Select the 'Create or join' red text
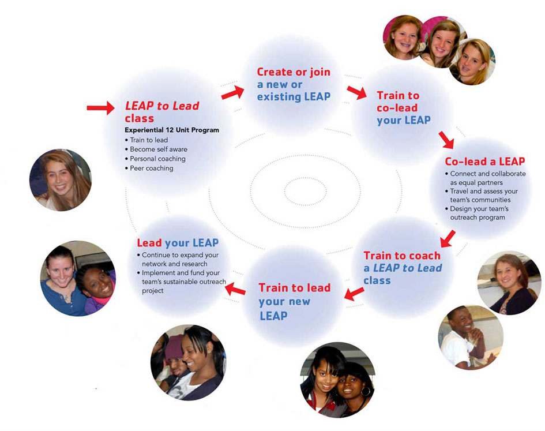click(294, 72)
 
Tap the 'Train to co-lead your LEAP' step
click(403, 108)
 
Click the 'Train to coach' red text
click(401, 256)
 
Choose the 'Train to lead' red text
click(294, 288)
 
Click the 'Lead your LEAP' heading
click(178, 243)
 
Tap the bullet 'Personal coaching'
click(157, 159)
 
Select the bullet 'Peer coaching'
click(151, 168)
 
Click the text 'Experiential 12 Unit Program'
click(172, 130)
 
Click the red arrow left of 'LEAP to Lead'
click(101, 107)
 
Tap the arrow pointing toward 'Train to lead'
click(354, 294)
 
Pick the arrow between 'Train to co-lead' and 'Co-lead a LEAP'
click(446, 140)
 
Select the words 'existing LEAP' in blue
click(294, 97)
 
